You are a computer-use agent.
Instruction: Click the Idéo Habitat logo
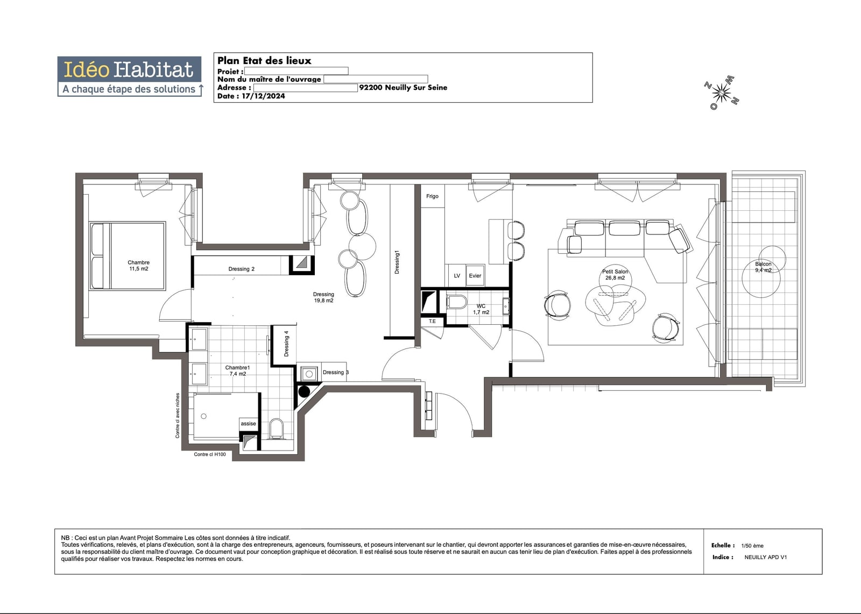(130, 76)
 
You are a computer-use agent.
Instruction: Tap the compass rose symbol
(722, 93)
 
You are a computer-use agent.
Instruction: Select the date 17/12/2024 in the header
(263, 96)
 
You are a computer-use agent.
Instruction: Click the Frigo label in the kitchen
(432, 196)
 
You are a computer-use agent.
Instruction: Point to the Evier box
(475, 275)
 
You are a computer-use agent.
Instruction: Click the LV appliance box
(457, 275)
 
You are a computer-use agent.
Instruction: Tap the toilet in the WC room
(457, 302)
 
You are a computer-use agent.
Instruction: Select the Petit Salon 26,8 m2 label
(615, 275)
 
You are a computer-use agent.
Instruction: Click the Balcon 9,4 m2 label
(763, 267)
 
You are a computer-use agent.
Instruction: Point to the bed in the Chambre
(128, 255)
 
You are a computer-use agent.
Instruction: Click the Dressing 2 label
(242, 269)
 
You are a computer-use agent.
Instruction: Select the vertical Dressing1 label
(397, 262)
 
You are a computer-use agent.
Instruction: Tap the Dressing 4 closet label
(286, 344)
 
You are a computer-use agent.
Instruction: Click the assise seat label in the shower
(248, 424)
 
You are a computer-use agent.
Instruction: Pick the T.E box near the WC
(433, 322)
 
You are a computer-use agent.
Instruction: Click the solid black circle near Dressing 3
(304, 391)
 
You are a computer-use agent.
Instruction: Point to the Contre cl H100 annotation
(209, 454)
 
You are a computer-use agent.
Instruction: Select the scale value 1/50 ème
(752, 546)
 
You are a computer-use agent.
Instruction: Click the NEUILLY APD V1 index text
(766, 557)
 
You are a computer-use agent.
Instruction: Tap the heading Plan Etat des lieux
(264, 60)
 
